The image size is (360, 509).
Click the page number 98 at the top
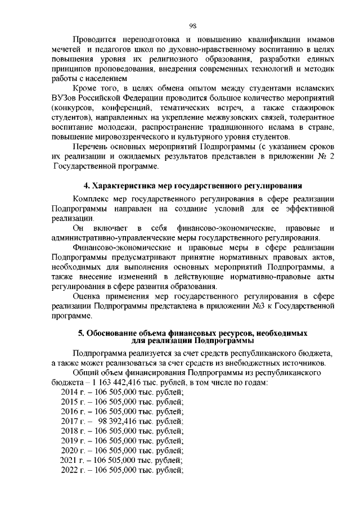(192, 25)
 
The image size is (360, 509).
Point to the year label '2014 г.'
(73, 391)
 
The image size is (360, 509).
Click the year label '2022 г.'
(73, 470)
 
